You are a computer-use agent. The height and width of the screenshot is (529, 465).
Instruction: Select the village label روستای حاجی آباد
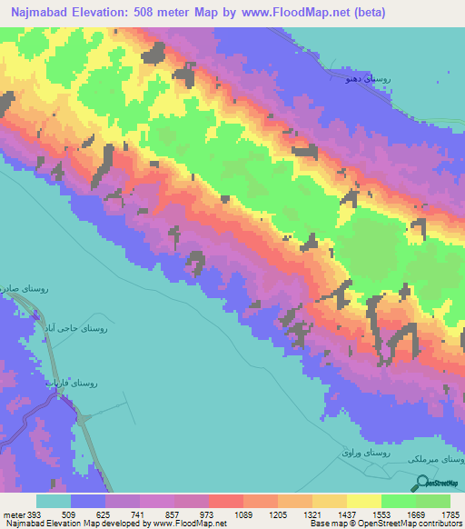[x=77, y=327]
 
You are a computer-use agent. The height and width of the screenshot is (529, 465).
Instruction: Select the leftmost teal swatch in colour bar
[x=54, y=502]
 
